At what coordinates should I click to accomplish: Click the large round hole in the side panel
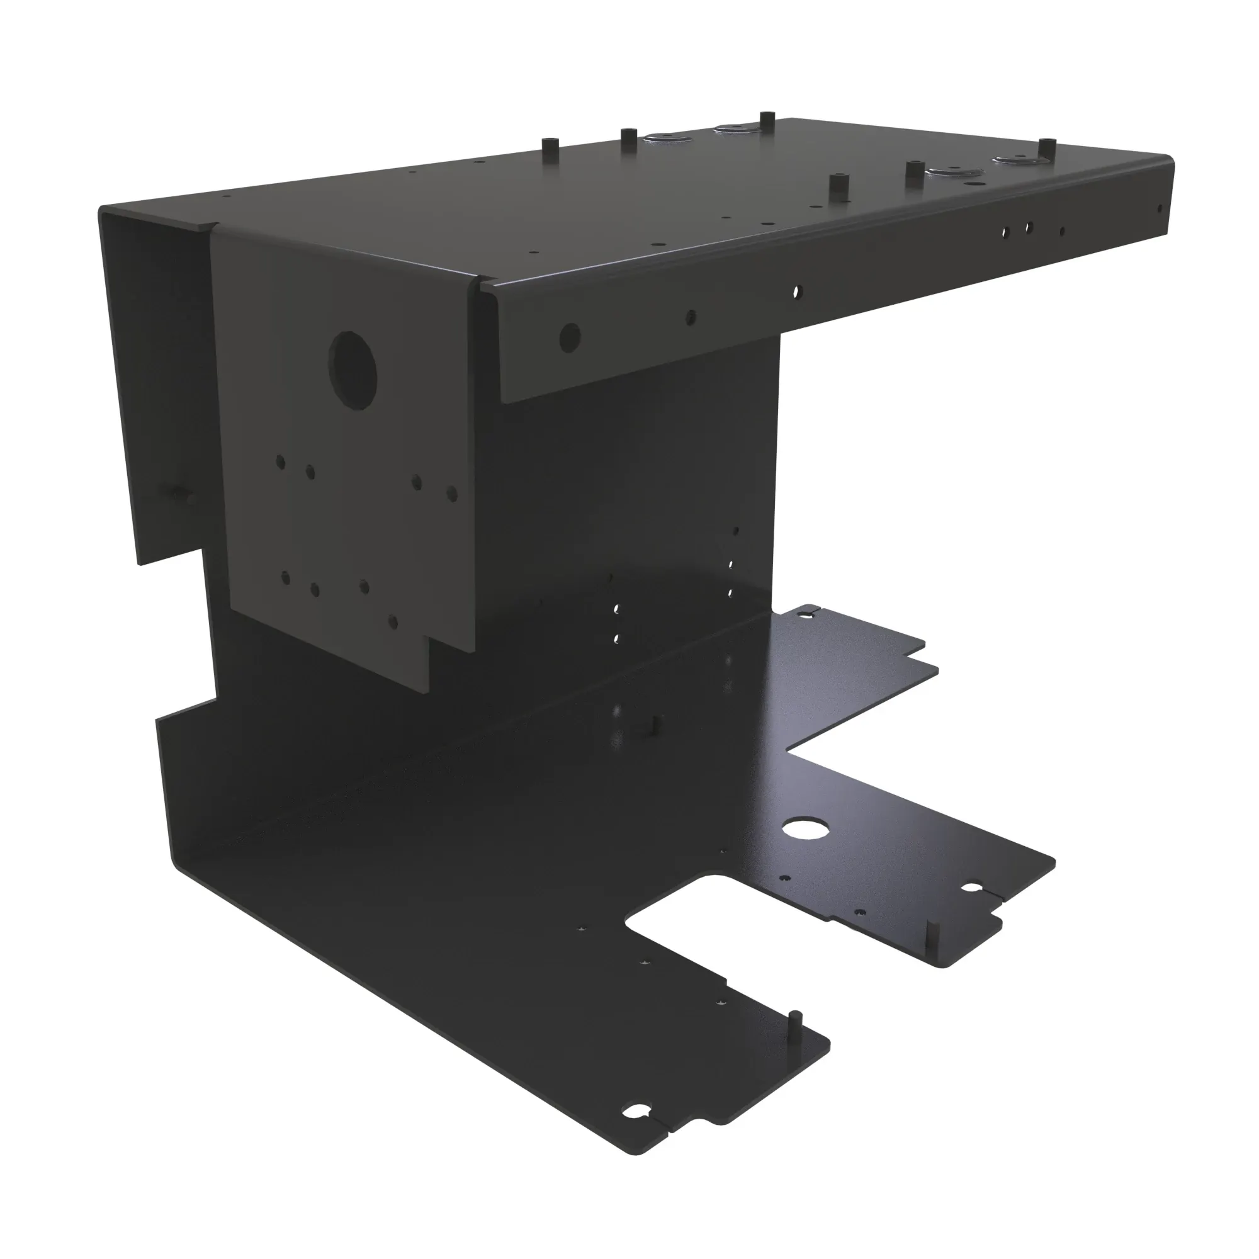(353, 370)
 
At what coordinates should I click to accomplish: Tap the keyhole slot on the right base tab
(973, 888)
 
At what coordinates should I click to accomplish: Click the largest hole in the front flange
(570, 336)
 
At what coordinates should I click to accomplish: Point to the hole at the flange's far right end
(1159, 209)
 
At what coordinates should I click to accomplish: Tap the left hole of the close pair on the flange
(1007, 231)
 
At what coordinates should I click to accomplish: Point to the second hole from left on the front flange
(691, 317)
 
